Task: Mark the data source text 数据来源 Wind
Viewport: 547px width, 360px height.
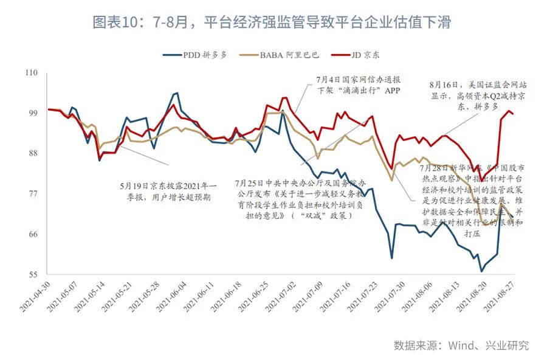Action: click(461, 345)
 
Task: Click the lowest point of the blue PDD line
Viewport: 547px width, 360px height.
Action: click(481, 271)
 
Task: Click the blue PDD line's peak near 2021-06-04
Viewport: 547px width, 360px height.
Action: click(176, 93)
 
